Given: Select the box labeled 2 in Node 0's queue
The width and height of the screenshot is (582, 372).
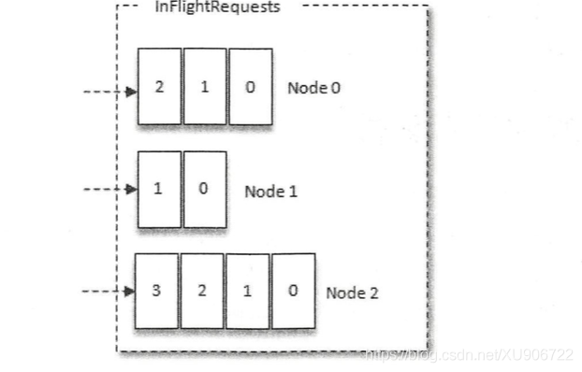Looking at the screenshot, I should (159, 86).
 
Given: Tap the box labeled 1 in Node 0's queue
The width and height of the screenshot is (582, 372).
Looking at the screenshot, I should (204, 86).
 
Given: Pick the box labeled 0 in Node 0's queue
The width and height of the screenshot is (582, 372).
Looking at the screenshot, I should (250, 86).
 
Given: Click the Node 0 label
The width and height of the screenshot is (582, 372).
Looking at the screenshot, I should (313, 89).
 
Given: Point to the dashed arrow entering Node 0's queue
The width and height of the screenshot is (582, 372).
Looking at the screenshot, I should (108, 92).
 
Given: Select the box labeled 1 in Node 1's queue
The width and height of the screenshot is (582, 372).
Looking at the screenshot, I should (159, 190).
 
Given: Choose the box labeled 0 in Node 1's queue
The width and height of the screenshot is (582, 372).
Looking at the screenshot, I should (204, 190).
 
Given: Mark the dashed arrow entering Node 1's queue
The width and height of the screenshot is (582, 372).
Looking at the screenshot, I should (108, 190).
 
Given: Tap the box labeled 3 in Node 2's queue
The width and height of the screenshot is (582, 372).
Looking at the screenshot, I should (156, 292).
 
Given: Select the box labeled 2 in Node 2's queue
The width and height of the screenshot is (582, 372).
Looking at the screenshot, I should (202, 292).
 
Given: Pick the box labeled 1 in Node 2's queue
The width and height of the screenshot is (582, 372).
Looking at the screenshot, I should (247, 292).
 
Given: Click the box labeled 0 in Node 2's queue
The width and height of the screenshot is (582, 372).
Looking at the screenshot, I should (293, 292).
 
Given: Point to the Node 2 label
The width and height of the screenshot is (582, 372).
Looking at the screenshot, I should (352, 293).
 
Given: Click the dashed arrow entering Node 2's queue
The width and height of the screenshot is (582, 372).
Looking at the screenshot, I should (108, 292).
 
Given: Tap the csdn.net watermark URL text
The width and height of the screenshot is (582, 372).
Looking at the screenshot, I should (468, 355).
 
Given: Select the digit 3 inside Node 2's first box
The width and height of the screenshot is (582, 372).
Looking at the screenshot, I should (156, 292).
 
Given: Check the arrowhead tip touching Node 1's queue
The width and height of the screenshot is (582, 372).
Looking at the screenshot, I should (134, 190).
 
